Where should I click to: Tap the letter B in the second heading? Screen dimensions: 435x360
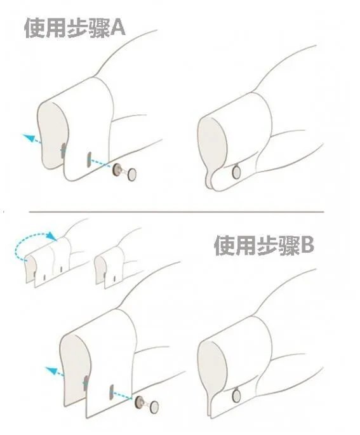[x=307, y=244]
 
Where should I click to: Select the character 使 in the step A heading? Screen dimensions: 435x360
[x=34, y=29]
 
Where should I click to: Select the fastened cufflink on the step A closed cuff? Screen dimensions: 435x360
[x=236, y=171]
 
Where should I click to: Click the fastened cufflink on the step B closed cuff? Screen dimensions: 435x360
[x=236, y=396]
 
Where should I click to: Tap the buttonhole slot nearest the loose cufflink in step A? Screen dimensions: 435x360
[x=90, y=158]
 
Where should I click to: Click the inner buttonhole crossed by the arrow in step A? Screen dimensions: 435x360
[x=63, y=151]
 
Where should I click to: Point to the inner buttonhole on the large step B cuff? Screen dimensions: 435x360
[x=85, y=384]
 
